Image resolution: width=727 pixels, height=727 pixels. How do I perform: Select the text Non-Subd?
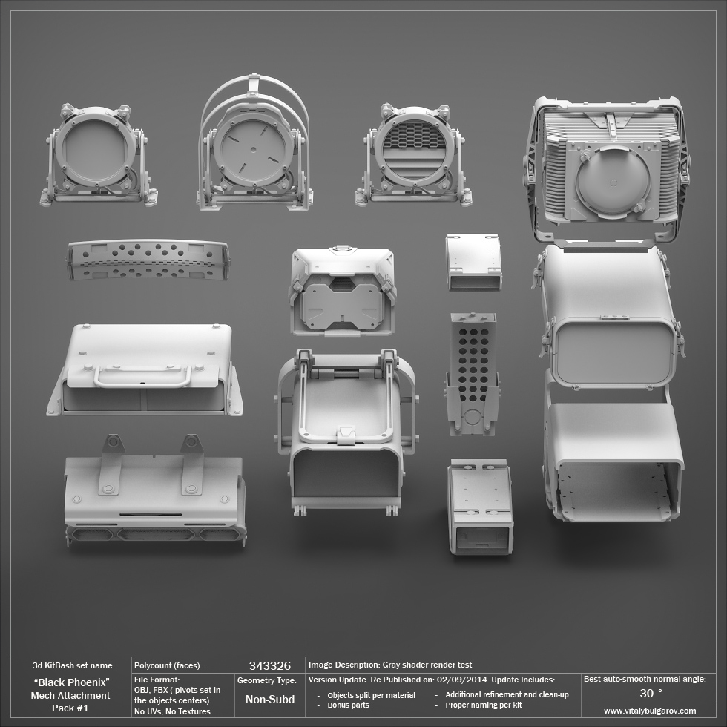[270, 699]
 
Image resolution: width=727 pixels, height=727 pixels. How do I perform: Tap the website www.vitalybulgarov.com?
[650, 711]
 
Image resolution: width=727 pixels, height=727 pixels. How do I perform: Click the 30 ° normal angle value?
[651, 693]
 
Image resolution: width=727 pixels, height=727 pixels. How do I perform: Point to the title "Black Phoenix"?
[72, 682]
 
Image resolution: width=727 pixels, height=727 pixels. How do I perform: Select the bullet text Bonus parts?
[348, 705]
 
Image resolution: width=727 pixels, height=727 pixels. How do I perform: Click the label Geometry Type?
[267, 680]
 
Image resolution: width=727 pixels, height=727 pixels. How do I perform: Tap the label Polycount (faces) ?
[169, 665]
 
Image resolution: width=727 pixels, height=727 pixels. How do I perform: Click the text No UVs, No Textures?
[172, 711]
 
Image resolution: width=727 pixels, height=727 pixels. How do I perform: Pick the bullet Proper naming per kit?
[483, 705]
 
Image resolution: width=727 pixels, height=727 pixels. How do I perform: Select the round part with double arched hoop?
[254, 145]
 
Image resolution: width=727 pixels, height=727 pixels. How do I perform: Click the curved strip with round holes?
[148, 260]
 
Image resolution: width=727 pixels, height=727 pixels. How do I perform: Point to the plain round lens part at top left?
[97, 155]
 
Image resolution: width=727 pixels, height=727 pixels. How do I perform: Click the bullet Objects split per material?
[371, 695]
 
